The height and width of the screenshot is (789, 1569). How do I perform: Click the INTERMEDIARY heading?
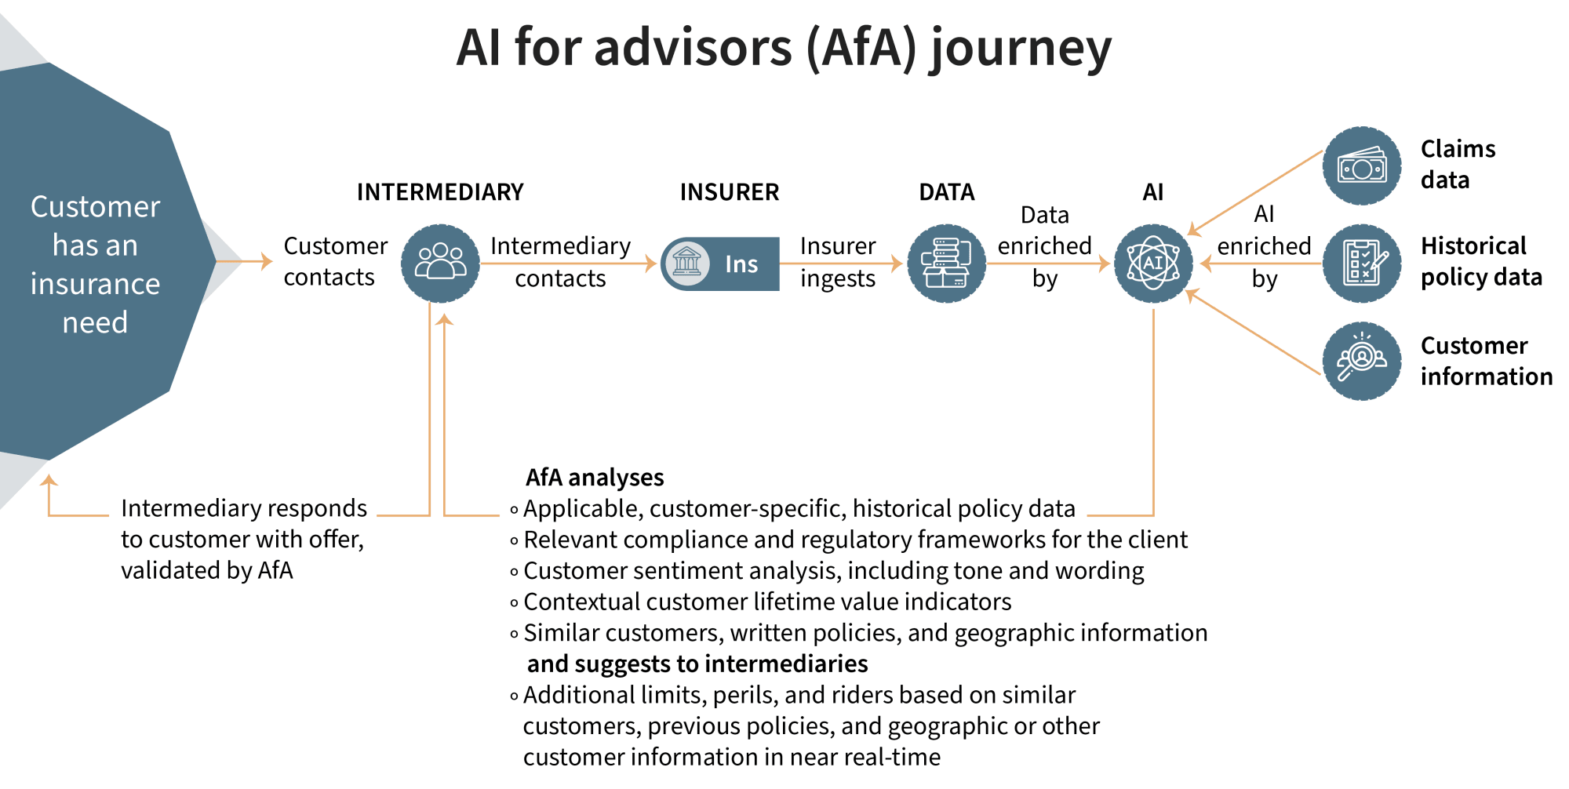[x=440, y=192]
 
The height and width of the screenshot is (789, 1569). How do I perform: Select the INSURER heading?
[x=730, y=192]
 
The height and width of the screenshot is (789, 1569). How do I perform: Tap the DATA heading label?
[x=947, y=192]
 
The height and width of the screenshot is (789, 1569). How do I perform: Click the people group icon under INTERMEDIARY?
[x=440, y=264]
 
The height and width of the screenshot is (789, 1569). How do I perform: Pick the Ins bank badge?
[x=720, y=264]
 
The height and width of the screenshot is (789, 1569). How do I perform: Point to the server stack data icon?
[x=947, y=264]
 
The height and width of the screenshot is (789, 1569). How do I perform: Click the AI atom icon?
[x=1153, y=264]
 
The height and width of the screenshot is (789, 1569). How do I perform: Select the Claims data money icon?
[x=1362, y=166]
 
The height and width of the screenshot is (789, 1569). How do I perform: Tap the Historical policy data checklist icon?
[x=1362, y=264]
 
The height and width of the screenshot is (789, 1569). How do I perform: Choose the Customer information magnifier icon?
[x=1362, y=361]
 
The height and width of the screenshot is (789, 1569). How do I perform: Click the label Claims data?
[x=1458, y=165]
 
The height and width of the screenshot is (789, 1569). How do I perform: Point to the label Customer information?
[x=1486, y=361]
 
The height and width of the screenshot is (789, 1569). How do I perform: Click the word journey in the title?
[x=1021, y=49]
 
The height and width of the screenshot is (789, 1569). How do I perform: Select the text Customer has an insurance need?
[x=95, y=264]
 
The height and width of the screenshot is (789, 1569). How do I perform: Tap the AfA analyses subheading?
[x=595, y=478]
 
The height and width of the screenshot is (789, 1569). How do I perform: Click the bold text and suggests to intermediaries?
[x=697, y=664]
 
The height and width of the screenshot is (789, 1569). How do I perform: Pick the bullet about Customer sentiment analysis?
[x=833, y=571]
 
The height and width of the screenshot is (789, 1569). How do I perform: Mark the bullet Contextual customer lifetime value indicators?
[x=767, y=602]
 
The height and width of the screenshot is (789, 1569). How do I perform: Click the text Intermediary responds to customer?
[x=243, y=540]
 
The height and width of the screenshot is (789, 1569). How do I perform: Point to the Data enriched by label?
[x=1044, y=246]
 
